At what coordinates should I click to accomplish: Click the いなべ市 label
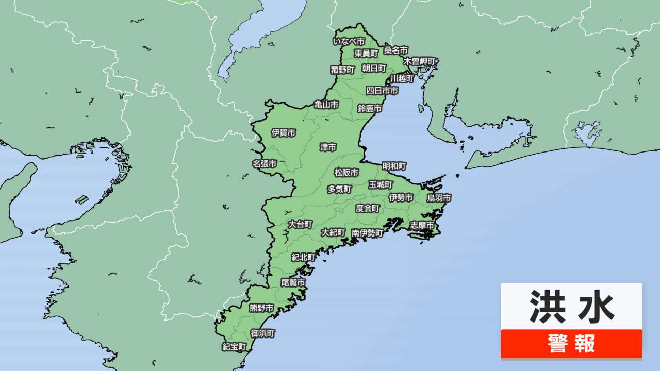click(x=349, y=41)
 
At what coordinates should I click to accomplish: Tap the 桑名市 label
click(x=396, y=50)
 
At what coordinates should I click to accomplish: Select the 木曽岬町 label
click(x=420, y=61)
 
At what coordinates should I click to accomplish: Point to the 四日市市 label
click(x=382, y=91)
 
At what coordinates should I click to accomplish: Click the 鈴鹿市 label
click(x=370, y=109)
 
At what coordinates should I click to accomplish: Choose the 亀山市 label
click(x=326, y=105)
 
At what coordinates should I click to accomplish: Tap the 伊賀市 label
click(x=284, y=133)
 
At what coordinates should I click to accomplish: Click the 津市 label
click(x=328, y=147)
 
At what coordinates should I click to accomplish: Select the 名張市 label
click(x=265, y=164)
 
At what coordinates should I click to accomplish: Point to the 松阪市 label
click(x=346, y=173)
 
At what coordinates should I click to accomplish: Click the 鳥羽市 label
click(x=439, y=198)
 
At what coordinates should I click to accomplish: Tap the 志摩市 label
click(x=422, y=225)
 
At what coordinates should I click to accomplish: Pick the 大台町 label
click(x=300, y=224)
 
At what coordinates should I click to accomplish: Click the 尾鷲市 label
click(x=292, y=283)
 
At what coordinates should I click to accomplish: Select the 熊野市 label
click(x=261, y=308)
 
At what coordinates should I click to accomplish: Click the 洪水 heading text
click(x=571, y=306)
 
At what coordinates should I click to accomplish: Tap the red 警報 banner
click(x=571, y=343)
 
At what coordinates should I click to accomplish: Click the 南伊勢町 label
click(x=367, y=233)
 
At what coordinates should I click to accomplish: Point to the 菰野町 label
click(x=343, y=70)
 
